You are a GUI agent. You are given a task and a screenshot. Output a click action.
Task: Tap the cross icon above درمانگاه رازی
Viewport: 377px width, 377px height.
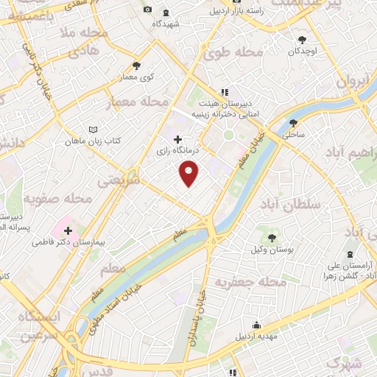tap(177, 139)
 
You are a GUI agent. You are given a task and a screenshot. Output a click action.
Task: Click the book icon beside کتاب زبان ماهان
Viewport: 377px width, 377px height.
tap(93, 130)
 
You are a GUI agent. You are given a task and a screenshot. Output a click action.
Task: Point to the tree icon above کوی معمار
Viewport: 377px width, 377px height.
tap(136, 66)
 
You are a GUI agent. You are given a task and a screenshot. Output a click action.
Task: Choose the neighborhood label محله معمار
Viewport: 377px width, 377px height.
tap(138, 102)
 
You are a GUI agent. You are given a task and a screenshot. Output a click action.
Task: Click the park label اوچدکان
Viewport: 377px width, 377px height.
tap(303, 52)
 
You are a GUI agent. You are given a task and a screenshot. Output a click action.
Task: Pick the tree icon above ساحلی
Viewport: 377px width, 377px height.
tap(294, 123)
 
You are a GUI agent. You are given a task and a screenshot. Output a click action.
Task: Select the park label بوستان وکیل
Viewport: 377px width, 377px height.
tap(273, 250)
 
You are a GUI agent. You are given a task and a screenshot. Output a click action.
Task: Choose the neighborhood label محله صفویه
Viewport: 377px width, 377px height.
tap(57, 198)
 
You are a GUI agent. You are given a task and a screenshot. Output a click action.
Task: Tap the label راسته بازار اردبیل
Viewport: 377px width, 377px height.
tap(236, 11)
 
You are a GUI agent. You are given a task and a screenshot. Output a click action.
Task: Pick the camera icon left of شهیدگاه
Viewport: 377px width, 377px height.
tap(147, 10)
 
